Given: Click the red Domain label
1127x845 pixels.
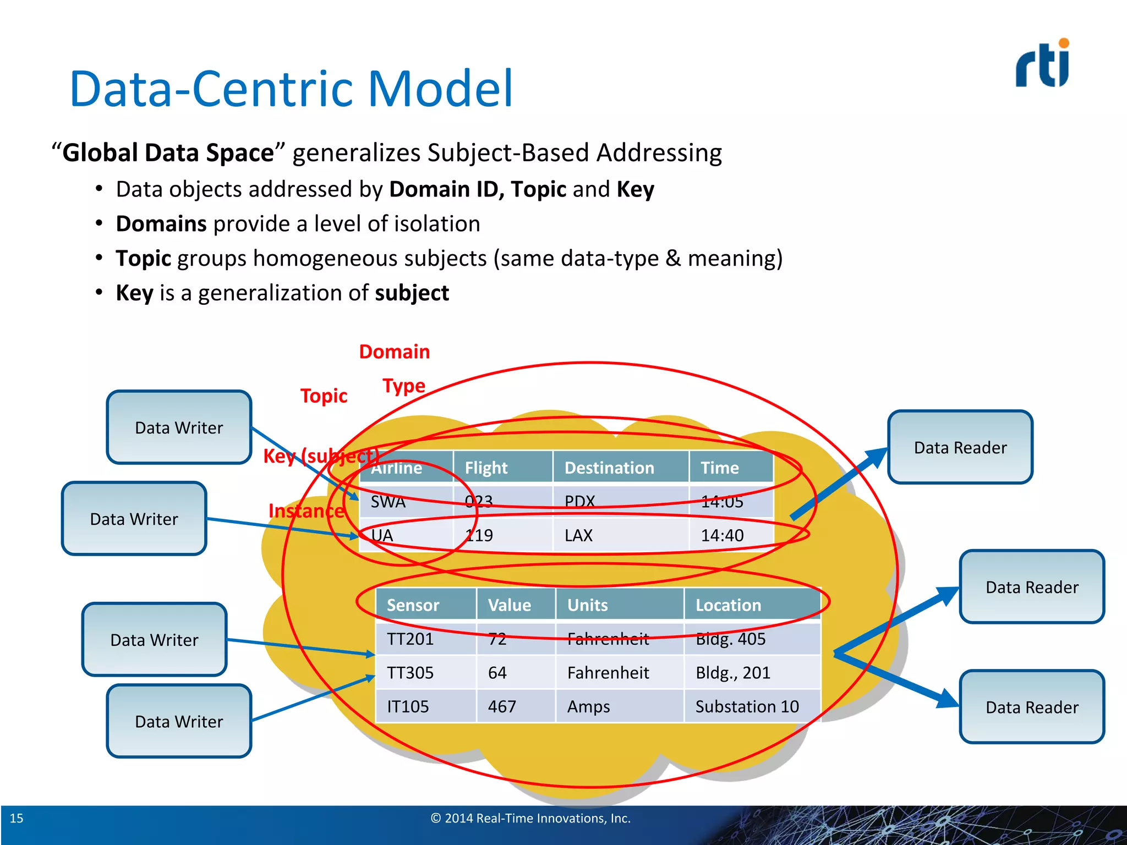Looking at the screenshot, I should click(x=394, y=352).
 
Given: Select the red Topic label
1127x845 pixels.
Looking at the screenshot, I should click(x=324, y=396).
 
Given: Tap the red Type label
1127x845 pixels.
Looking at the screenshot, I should click(x=404, y=386).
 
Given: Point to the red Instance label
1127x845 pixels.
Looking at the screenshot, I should click(x=306, y=511).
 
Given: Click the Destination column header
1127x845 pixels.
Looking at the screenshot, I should click(x=609, y=468).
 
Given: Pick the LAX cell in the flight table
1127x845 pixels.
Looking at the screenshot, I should click(x=578, y=535).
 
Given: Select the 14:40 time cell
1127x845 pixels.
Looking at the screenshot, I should click(x=722, y=535).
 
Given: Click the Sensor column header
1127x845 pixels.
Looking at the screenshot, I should click(x=413, y=605).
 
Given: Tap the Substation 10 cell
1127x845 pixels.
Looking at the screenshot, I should click(x=747, y=706).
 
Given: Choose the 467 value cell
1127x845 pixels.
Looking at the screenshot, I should click(x=502, y=706).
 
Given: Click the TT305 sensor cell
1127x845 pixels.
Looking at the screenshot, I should click(x=410, y=673).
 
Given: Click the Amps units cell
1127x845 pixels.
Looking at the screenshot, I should click(x=588, y=706).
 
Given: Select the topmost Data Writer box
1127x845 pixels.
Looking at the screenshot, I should click(x=179, y=427).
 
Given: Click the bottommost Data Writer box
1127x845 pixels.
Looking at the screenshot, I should click(x=179, y=721).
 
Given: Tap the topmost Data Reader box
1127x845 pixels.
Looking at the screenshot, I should click(x=960, y=447).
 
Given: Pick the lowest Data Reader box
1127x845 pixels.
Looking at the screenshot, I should click(x=1032, y=707).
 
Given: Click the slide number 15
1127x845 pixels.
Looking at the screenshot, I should click(x=17, y=818).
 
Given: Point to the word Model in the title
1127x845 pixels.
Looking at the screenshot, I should click(x=440, y=89).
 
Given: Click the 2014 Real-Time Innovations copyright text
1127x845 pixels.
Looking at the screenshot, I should click(x=530, y=818).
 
